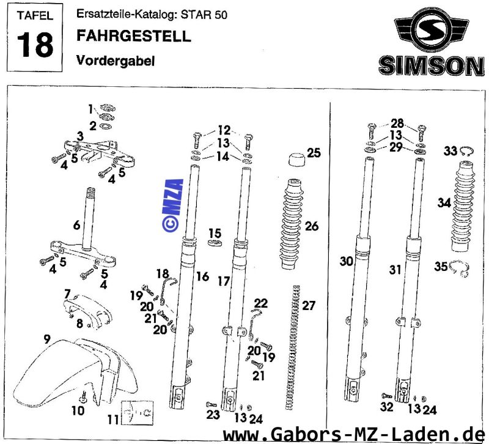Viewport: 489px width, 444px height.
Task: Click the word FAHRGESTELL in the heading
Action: point(134,36)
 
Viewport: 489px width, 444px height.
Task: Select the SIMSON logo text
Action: point(430,65)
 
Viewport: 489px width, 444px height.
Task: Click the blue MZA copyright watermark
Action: point(174,205)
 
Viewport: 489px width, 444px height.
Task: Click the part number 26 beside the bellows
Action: point(312,226)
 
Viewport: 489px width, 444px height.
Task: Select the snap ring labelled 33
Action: point(468,152)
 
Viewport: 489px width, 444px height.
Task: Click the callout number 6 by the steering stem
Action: point(77,225)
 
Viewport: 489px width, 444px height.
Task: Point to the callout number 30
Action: point(347,262)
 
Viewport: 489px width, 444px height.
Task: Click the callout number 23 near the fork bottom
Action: point(211,415)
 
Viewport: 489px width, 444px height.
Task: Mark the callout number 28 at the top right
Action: point(397,122)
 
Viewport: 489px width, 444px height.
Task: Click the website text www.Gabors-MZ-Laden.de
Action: point(355,434)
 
